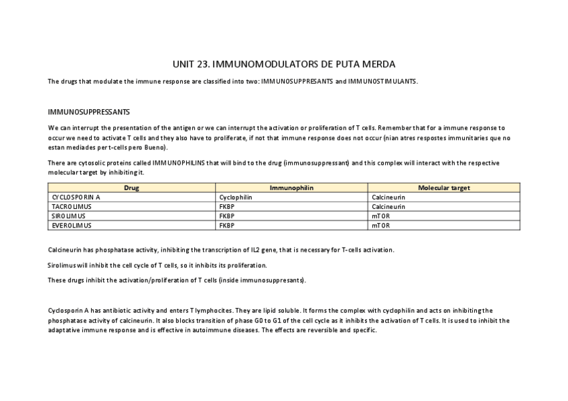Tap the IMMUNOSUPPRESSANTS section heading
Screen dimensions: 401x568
89,112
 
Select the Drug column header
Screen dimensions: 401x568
132,188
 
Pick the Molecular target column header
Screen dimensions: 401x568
444,188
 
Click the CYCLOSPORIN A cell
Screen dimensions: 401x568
76,197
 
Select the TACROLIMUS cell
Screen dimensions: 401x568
72,207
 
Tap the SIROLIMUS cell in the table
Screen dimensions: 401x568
69,216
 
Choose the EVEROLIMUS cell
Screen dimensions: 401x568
70,226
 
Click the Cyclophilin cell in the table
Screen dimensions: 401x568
236,197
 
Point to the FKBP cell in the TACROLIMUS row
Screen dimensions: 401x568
226,207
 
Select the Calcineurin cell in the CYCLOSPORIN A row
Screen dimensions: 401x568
388,197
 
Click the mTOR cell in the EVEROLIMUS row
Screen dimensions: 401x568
380,226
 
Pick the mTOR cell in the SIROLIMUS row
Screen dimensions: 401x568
380,216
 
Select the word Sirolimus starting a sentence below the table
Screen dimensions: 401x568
62,265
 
